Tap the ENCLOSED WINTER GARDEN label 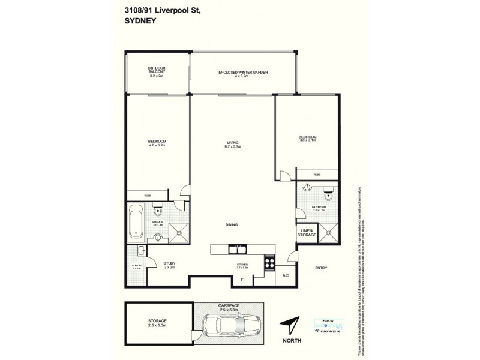point(242,73)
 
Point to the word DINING point(232,225)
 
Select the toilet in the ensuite point(157,209)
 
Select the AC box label point(285,276)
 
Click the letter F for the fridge point(242,280)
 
